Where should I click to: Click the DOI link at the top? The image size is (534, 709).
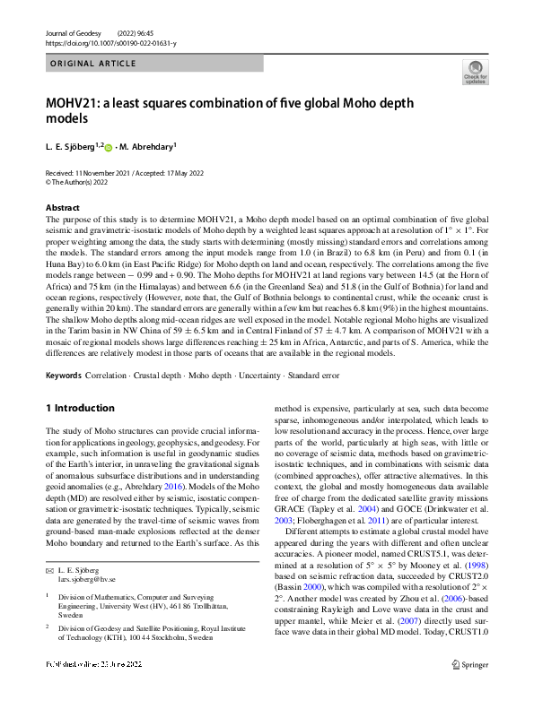tap(110, 41)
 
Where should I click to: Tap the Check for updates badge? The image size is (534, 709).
tap(473, 73)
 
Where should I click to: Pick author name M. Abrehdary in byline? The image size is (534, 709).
tap(150, 146)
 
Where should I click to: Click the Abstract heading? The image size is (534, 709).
tap(62, 207)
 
